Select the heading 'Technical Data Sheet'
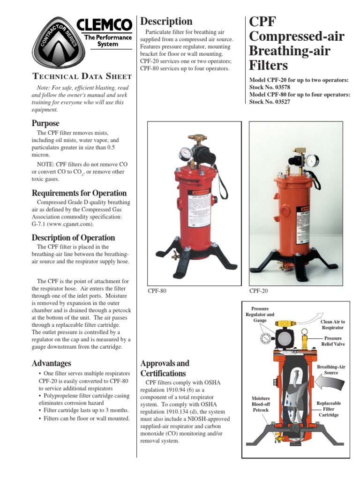tap(81, 76)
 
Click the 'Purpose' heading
tap(45, 123)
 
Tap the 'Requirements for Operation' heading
tap(79, 193)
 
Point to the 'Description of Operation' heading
tap(73, 238)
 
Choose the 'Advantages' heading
tap(52, 363)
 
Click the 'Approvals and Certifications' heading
tap(165, 368)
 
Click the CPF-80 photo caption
tap(157, 291)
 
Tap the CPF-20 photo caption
tap(258, 291)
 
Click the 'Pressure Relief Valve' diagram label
tap(333, 341)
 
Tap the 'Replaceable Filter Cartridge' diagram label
tap(329, 409)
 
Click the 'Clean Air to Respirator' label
tap(333, 325)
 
